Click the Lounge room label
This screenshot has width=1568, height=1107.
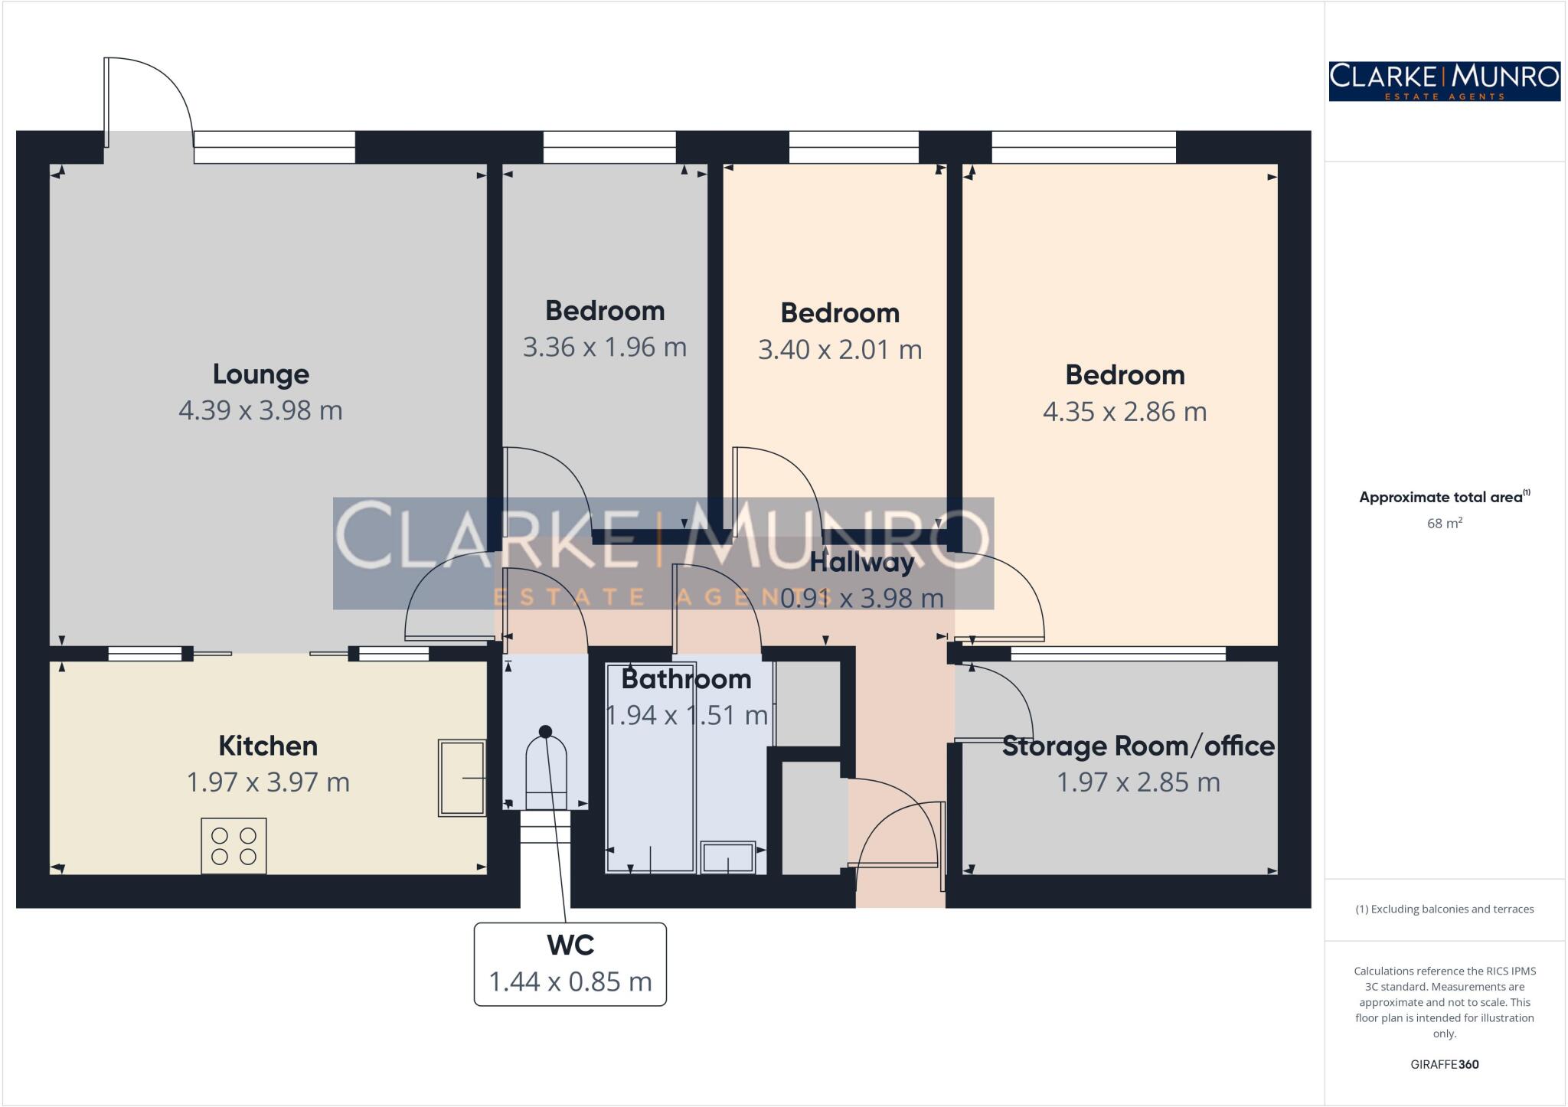point(260,374)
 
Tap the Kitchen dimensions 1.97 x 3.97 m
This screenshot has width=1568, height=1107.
point(268,782)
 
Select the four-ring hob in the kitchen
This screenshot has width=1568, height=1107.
point(234,846)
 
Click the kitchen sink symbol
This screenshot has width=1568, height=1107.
point(462,778)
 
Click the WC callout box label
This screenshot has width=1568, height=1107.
point(570,945)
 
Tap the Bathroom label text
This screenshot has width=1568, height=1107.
point(686,679)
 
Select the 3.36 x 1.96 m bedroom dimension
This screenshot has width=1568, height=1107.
point(605,348)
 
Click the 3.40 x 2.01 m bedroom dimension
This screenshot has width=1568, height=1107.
point(840,350)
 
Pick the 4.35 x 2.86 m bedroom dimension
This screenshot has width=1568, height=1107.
point(1125,412)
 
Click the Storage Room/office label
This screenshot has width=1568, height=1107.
point(1138,746)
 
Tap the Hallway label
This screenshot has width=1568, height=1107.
point(862,563)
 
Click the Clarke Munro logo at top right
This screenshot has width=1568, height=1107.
point(1444,81)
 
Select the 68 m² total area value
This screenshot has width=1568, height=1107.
point(1444,524)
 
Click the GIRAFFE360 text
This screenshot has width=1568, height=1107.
point(1444,1064)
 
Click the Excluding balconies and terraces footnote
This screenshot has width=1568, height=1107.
point(1444,909)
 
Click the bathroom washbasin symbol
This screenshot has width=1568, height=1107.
point(727,857)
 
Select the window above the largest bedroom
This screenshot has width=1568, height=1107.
point(1083,147)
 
